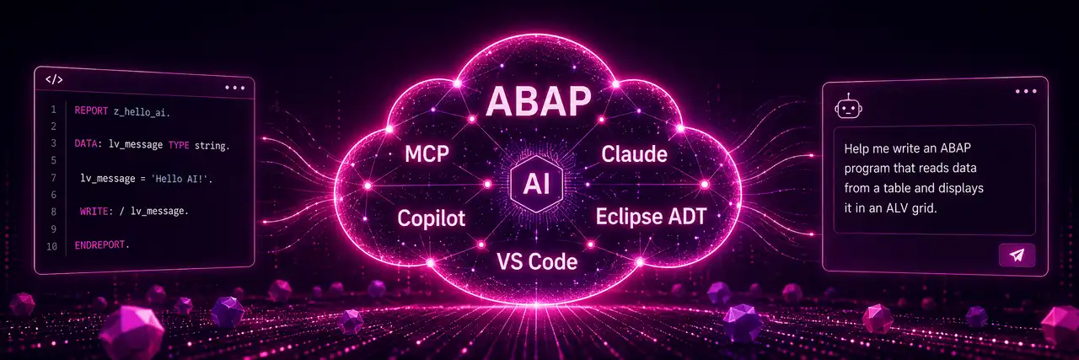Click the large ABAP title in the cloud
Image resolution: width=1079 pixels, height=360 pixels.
539,102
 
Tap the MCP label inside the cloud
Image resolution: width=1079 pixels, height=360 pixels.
427,153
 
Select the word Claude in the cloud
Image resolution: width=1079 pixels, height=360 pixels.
634,153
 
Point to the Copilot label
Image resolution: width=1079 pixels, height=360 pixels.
431,218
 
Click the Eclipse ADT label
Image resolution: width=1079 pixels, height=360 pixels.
651,217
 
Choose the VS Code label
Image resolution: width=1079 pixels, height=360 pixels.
537,261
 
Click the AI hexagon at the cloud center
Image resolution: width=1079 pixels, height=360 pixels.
536,184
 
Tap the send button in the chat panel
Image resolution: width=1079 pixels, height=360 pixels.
1017,255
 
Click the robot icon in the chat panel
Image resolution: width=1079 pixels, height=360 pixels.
848,106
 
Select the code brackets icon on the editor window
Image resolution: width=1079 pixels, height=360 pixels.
54,79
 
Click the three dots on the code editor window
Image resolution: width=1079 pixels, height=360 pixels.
234,88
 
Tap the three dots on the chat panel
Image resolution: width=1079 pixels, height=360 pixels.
1026,92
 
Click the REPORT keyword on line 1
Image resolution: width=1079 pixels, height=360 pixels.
91,110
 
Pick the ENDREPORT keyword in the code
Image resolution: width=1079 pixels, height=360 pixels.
99,244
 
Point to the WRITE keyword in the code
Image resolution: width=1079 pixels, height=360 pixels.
94,211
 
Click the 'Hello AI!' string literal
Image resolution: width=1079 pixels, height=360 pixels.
180,179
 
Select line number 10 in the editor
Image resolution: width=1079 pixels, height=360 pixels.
51,247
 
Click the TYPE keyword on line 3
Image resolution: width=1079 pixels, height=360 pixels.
179,145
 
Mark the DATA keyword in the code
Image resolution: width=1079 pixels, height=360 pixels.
86,143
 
